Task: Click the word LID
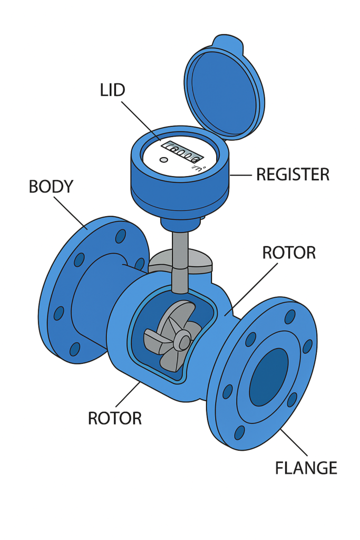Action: click(x=113, y=90)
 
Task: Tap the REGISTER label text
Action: click(x=293, y=174)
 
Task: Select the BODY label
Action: click(x=51, y=187)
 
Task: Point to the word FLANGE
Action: click(x=306, y=467)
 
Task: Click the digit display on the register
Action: click(x=182, y=151)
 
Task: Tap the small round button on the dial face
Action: click(x=163, y=160)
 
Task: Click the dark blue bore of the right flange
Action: click(x=269, y=377)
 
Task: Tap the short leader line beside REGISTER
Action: click(x=241, y=175)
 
